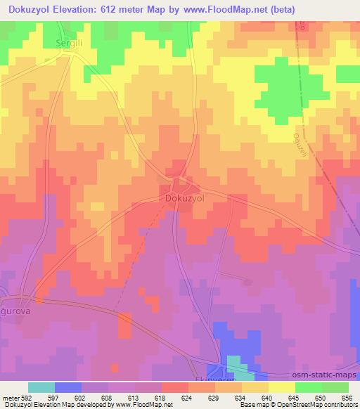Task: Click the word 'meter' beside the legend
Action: coord(11,398)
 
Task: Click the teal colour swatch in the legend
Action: coord(41,387)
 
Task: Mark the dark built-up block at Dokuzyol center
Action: coord(179,186)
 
